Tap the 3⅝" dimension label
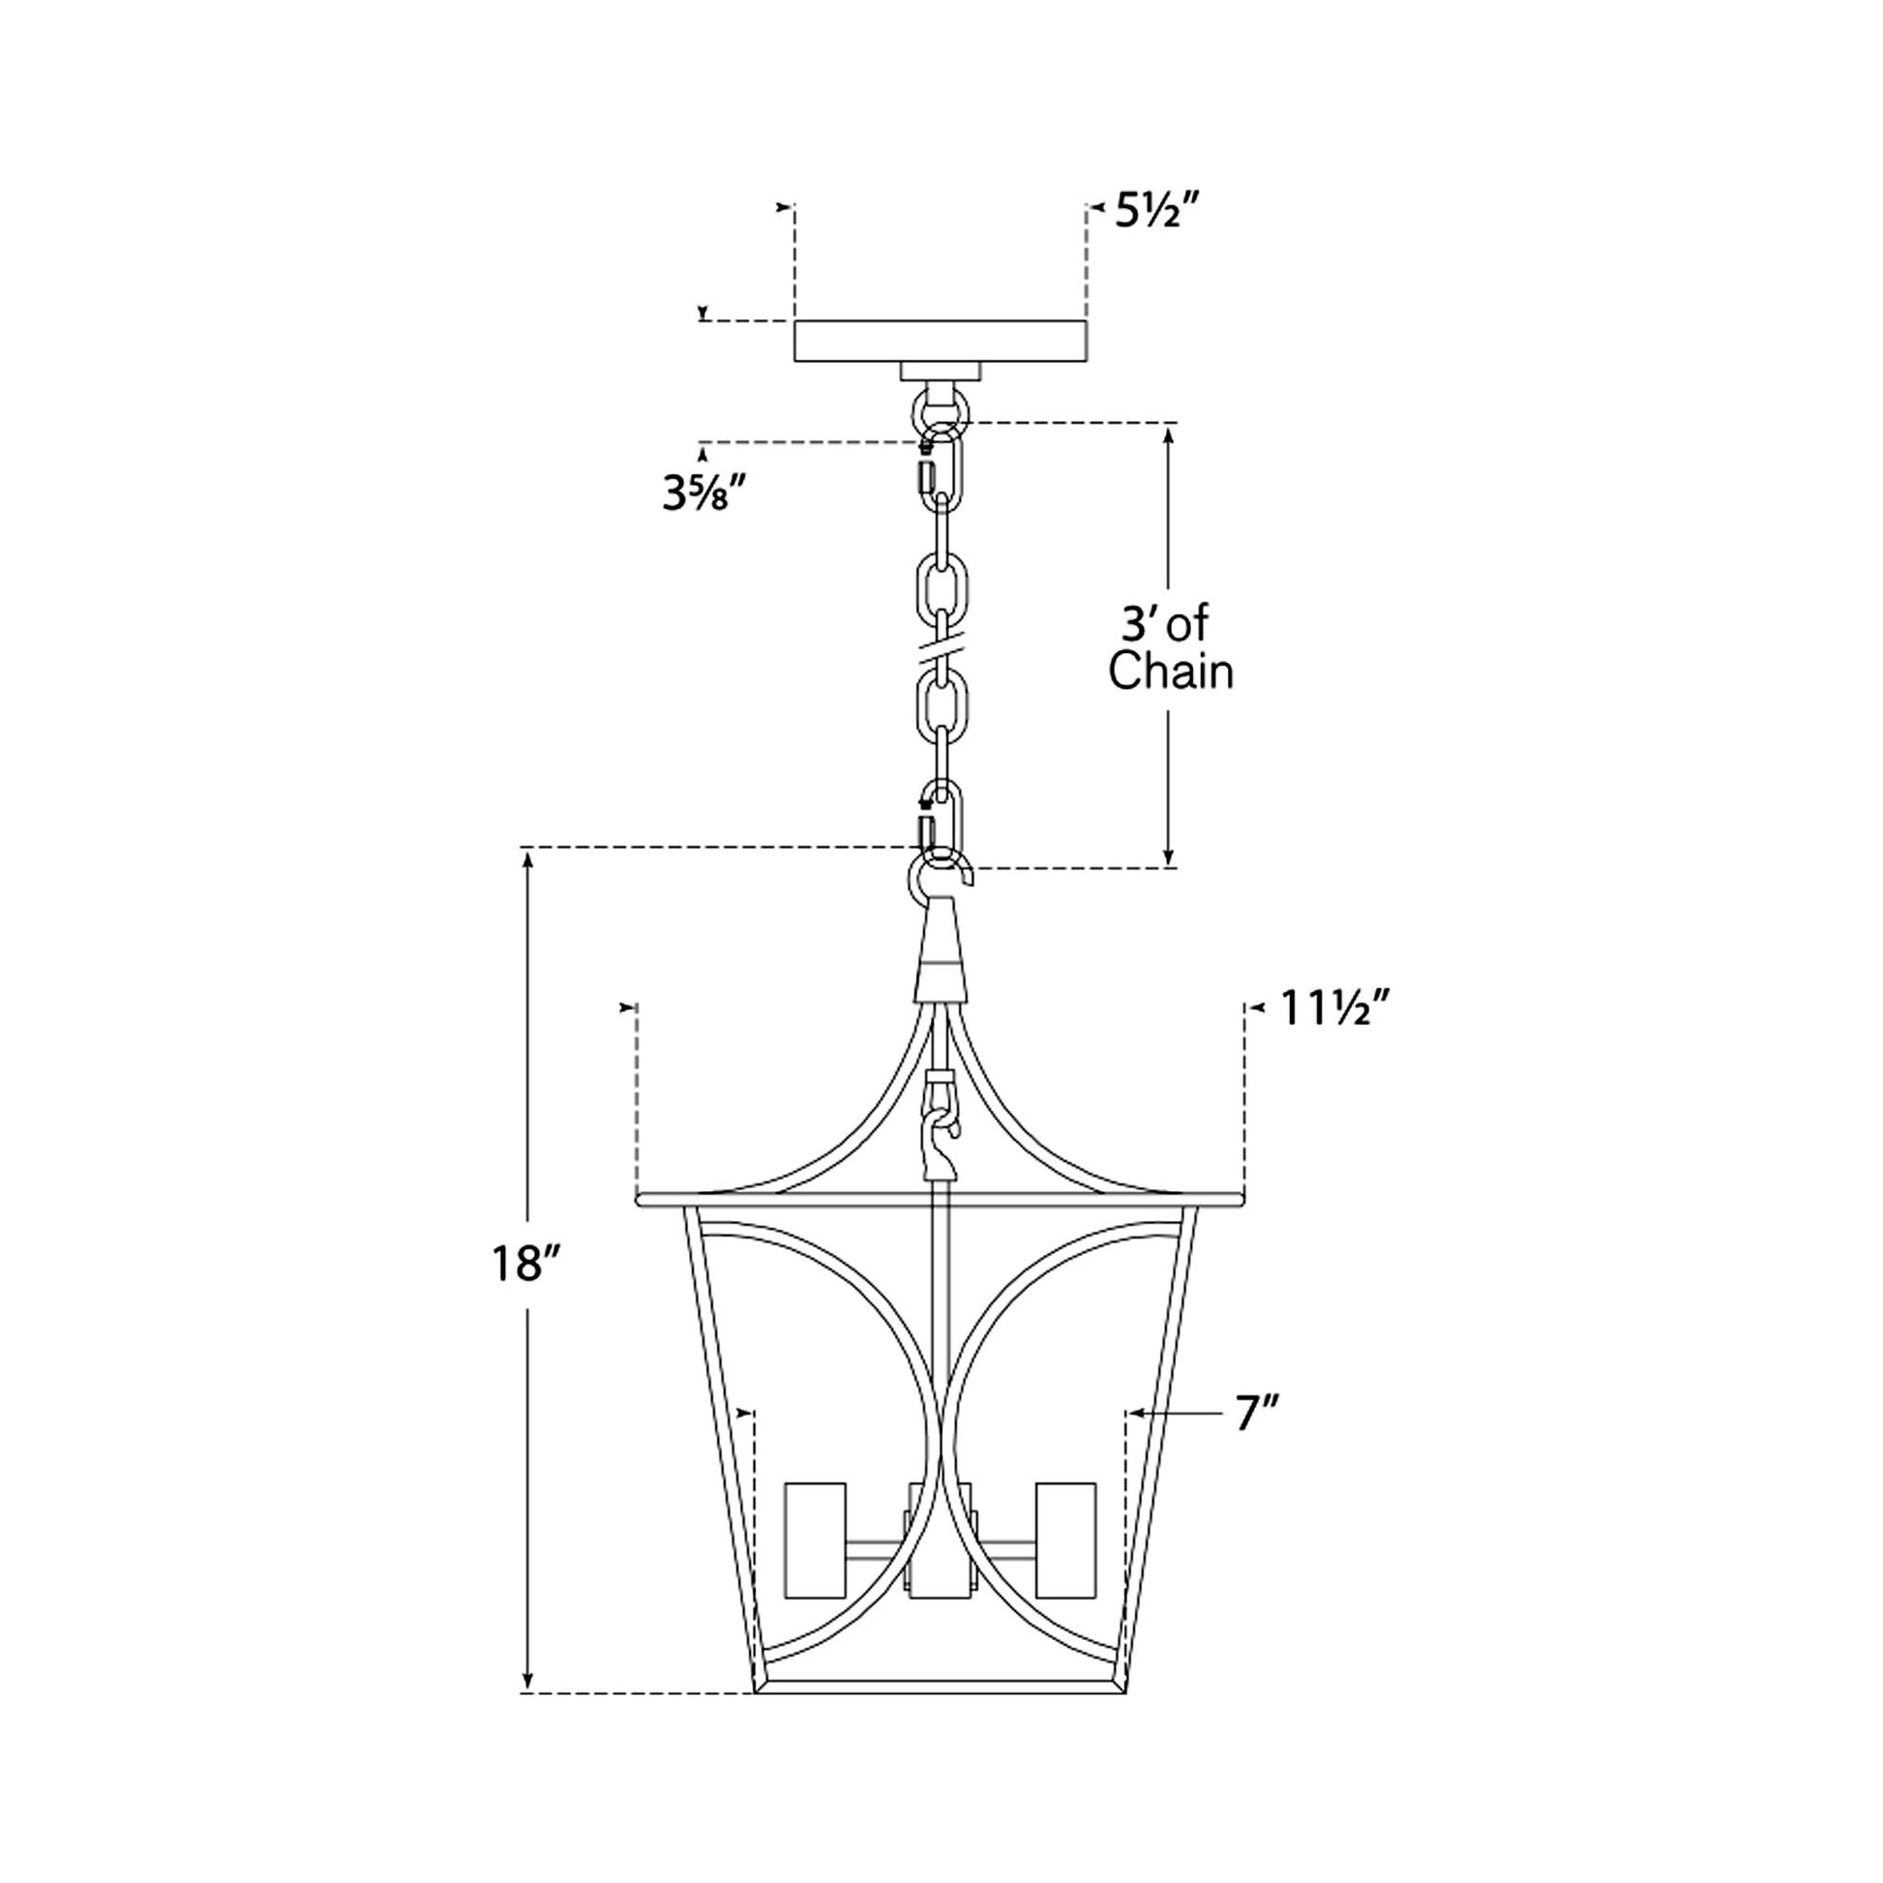pyautogui.click(x=704, y=495)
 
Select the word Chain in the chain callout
pyautogui.click(x=1171, y=672)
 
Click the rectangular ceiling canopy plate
pyautogui.click(x=941, y=342)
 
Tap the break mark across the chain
pyautogui.click(x=941, y=647)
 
